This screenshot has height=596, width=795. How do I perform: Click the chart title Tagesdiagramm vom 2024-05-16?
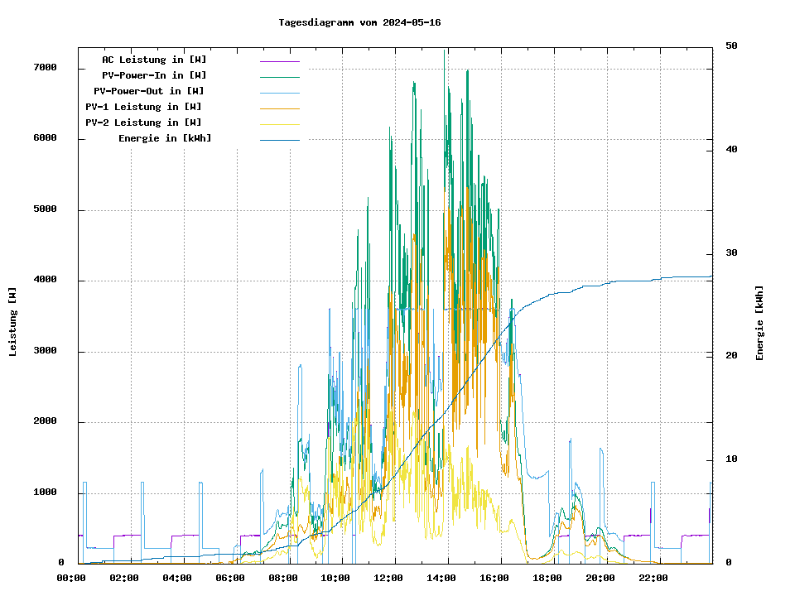point(359,22)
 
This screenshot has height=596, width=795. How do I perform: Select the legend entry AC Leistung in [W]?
point(154,60)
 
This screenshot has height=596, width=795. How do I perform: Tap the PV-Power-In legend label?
point(160,75)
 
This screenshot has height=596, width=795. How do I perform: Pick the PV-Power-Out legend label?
point(149,91)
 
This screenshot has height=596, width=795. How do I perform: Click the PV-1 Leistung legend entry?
point(143,107)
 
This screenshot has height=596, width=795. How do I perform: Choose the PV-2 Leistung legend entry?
point(143,123)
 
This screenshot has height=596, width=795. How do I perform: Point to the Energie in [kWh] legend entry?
point(165,138)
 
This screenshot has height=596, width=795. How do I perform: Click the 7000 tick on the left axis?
point(45,67)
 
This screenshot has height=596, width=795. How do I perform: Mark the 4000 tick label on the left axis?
point(45,280)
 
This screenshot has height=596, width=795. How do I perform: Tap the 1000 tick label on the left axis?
point(45,493)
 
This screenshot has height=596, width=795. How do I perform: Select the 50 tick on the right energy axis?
point(731,46)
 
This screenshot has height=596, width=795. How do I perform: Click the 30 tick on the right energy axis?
point(731,252)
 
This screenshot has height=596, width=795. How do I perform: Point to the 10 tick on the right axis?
point(731,459)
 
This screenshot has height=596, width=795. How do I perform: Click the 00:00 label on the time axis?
point(71,578)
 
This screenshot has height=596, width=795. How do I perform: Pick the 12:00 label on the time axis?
point(388,578)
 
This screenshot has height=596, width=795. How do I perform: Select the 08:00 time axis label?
point(283,578)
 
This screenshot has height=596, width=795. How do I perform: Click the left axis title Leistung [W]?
point(13,321)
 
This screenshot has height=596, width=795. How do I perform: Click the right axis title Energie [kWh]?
point(759,323)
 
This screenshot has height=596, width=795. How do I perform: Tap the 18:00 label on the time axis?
point(547,578)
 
